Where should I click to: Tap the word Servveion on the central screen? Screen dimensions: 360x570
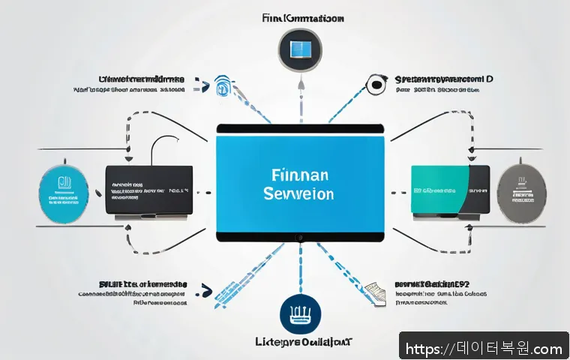(x=298, y=193)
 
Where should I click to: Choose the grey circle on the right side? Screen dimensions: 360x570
(x=523, y=191)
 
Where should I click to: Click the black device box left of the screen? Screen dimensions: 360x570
(x=148, y=191)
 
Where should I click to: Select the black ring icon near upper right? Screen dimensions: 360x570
(x=376, y=85)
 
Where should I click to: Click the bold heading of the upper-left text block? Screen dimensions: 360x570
(x=141, y=78)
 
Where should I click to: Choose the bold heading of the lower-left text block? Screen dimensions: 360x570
(x=142, y=284)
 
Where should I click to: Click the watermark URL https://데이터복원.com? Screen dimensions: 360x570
(x=484, y=349)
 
